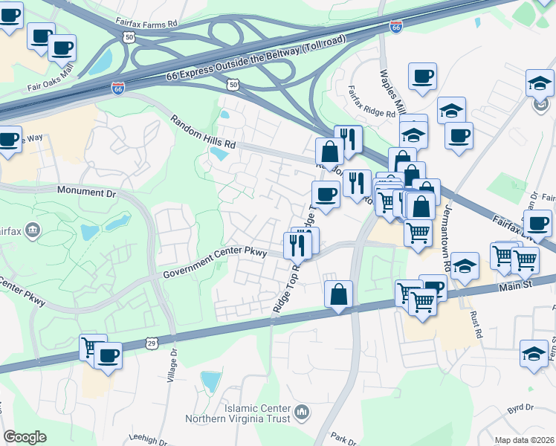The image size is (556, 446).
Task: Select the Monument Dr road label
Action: (x=88, y=192)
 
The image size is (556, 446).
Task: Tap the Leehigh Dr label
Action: (x=149, y=438)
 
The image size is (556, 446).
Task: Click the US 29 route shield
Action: (x=152, y=343)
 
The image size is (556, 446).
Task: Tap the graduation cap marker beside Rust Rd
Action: (x=465, y=265)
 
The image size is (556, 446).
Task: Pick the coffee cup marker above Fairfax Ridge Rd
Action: (x=421, y=76)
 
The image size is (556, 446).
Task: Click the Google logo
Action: (x=25, y=436)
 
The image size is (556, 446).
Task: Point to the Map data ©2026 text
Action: (x=524, y=440)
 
